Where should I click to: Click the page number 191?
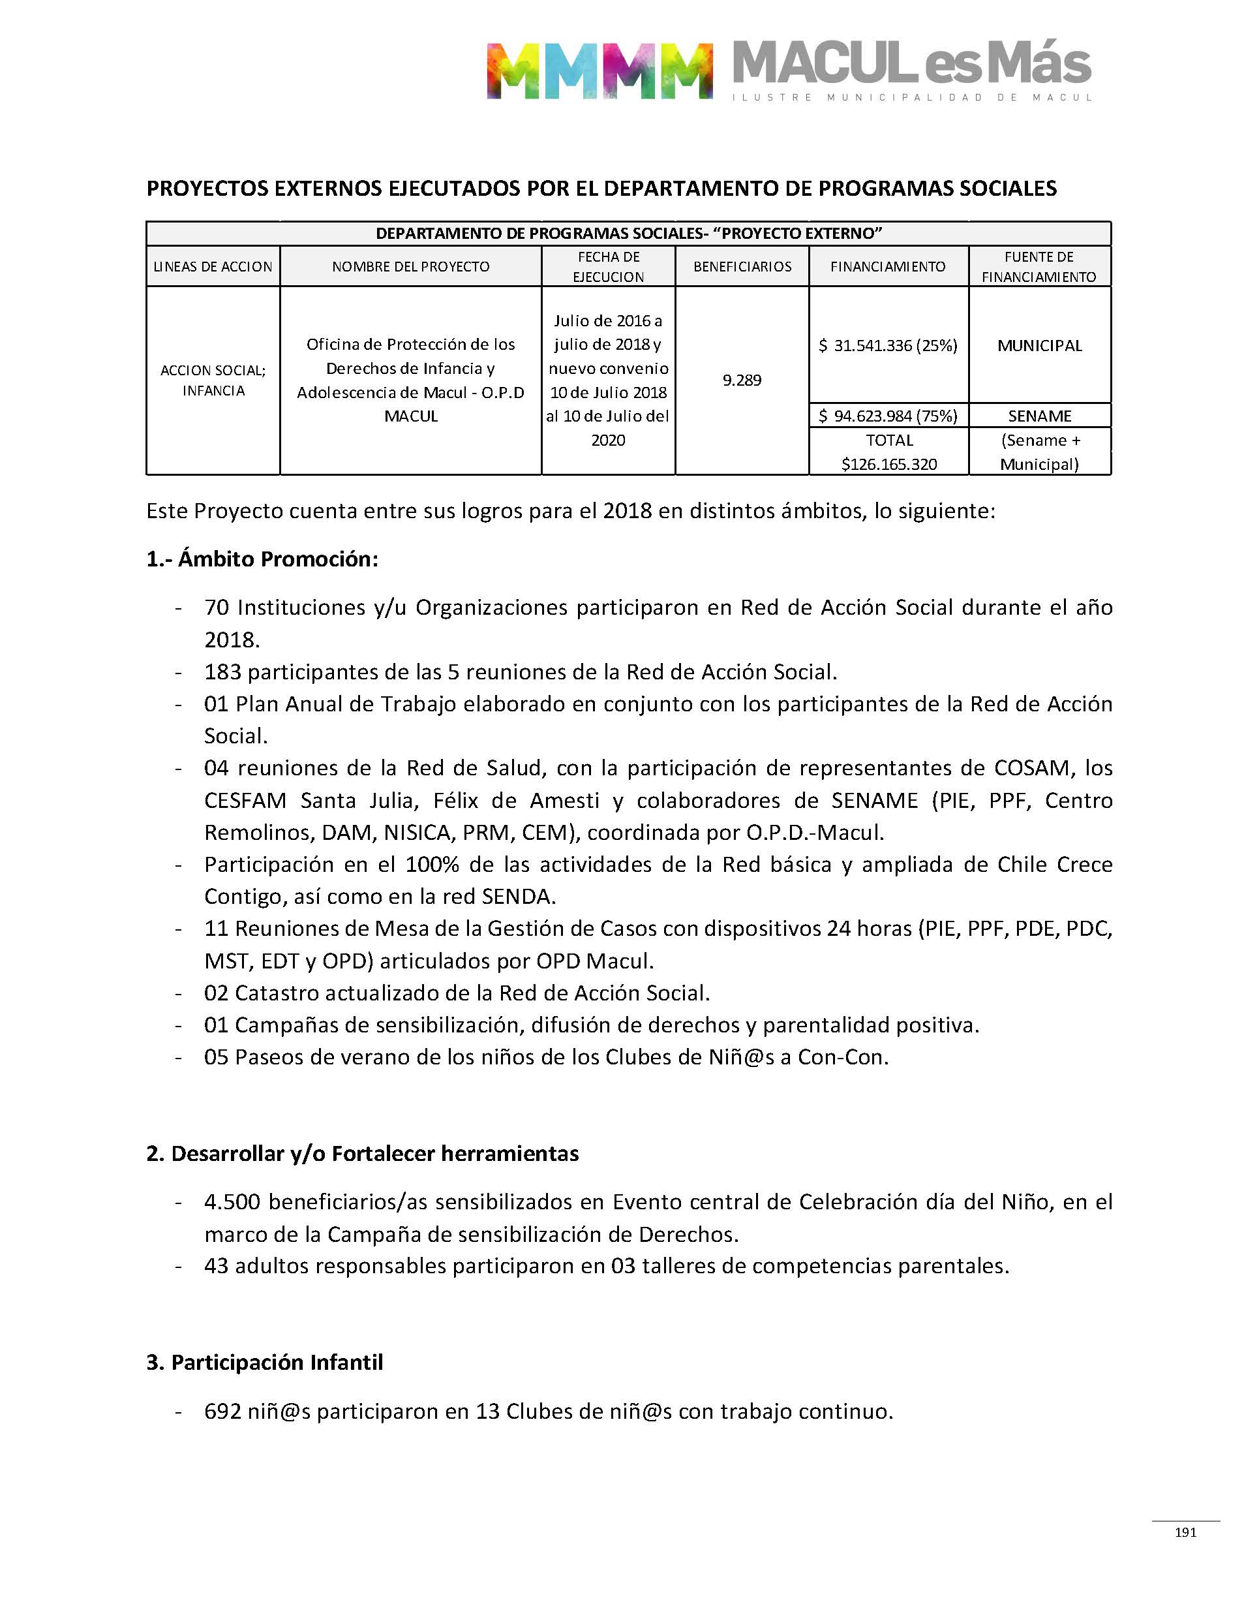tap(1185, 1532)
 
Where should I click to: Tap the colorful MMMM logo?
tap(599, 70)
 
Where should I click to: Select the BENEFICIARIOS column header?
tap(742, 266)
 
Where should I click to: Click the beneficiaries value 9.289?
tap(742, 380)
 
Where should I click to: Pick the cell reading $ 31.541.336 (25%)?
tap(888, 345)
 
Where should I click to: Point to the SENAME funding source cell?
tap(1039, 416)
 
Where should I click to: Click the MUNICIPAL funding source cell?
tap(1039, 345)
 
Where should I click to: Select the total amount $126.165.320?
tap(889, 465)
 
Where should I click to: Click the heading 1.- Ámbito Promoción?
tap(262, 559)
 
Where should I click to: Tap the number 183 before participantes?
tap(222, 672)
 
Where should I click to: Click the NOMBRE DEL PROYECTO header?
tap(410, 266)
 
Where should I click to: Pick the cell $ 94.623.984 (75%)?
tap(888, 416)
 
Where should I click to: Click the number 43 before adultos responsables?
tap(216, 1266)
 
